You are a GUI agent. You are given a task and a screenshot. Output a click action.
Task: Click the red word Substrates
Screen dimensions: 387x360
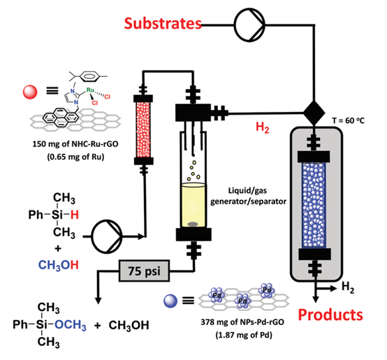(x=163, y=24)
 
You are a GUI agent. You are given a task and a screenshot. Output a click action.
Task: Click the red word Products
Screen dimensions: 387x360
(x=330, y=315)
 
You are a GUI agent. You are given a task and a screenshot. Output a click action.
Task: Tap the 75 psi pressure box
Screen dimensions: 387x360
(x=145, y=271)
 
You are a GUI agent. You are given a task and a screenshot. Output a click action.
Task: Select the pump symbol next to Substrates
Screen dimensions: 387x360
(x=249, y=24)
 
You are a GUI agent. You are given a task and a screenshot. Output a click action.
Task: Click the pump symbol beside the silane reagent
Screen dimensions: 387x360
(x=107, y=236)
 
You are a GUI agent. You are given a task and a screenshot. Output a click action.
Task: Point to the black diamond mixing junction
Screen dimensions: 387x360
(x=314, y=113)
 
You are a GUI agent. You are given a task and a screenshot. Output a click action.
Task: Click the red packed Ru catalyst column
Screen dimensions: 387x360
(x=143, y=129)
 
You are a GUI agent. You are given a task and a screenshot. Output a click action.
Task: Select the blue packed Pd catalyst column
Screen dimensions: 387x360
(x=314, y=205)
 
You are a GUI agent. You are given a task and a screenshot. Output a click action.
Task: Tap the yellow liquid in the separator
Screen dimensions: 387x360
(x=193, y=206)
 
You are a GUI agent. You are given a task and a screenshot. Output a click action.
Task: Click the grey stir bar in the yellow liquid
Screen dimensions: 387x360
(x=193, y=224)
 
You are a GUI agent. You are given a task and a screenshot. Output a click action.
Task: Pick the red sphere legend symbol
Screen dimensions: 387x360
(x=30, y=92)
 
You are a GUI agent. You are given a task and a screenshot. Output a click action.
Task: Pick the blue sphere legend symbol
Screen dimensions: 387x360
(x=170, y=301)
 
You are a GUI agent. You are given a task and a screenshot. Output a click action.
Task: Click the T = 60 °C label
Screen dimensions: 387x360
(x=349, y=121)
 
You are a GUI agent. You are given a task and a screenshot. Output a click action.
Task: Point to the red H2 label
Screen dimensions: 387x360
(x=263, y=127)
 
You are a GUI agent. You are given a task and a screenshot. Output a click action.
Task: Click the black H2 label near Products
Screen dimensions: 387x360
(x=348, y=288)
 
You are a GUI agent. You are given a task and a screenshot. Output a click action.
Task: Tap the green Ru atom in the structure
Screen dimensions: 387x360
(x=90, y=90)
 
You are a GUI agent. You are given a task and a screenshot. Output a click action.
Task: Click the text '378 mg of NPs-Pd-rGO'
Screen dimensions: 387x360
(x=242, y=322)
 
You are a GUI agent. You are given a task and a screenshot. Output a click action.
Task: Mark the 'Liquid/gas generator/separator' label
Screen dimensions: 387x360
(x=248, y=196)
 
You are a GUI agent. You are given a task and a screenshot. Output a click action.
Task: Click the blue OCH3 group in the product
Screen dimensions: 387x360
(x=71, y=325)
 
